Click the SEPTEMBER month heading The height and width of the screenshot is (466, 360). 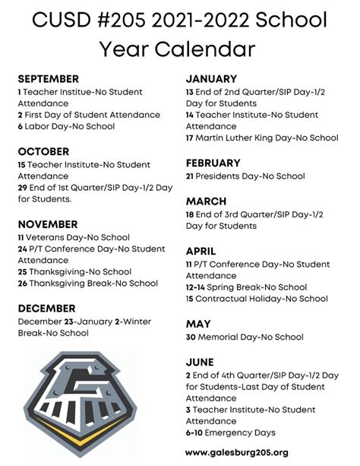click(x=48, y=78)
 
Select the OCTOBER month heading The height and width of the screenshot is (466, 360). click(x=43, y=151)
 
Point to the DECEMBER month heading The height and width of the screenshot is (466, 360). click(x=46, y=308)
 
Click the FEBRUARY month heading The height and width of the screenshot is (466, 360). click(x=213, y=163)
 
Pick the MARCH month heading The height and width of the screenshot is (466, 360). click(x=206, y=201)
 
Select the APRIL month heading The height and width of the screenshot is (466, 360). click(x=201, y=251)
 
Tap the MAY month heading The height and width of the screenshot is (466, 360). click(x=198, y=324)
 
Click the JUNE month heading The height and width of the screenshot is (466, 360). click(x=200, y=362)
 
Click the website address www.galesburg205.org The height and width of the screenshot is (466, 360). click(x=236, y=452)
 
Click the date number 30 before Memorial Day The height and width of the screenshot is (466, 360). click(x=192, y=337)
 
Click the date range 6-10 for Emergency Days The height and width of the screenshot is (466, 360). click(x=197, y=434)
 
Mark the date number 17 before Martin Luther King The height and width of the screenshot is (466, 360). click(x=191, y=138)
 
